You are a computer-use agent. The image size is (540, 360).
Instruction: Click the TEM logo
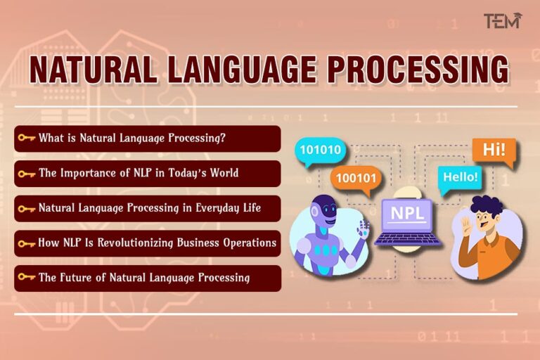click(501, 21)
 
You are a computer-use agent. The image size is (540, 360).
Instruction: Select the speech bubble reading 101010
click(320, 149)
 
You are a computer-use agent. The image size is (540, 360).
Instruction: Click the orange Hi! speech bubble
click(493, 150)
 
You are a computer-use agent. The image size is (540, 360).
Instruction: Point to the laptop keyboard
click(408, 238)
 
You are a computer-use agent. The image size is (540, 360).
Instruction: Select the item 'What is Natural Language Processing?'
click(131, 139)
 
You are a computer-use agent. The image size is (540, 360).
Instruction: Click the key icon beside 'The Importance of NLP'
click(27, 174)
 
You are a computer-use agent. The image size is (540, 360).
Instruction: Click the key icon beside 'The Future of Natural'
click(27, 278)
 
